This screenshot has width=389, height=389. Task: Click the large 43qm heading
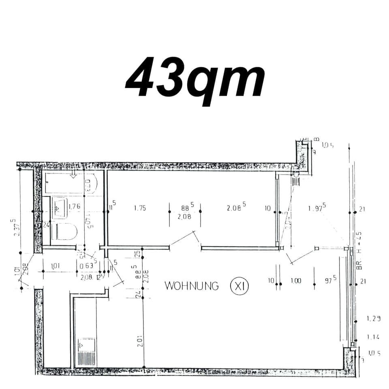pyautogui.click(x=195, y=78)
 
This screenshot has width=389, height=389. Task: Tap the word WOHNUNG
pyautogui.click(x=192, y=286)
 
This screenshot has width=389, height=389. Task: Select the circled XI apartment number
pyautogui.click(x=239, y=286)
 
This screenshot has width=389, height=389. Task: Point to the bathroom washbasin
pyautogui.click(x=60, y=208)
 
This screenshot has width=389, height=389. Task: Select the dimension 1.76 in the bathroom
pyautogui.click(x=74, y=207)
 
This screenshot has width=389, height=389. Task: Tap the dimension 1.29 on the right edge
pyautogui.click(x=374, y=319)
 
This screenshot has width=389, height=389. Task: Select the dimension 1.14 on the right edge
pyautogui.click(x=374, y=337)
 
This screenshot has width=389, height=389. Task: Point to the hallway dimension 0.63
pyautogui.click(x=86, y=266)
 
